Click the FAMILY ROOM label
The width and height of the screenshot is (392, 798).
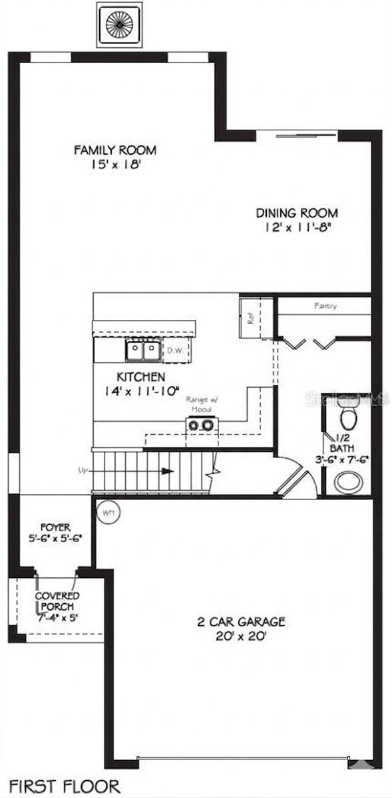click(115, 150)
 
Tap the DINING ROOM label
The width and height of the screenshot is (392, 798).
click(297, 213)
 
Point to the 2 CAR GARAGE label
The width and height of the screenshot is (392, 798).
click(241, 622)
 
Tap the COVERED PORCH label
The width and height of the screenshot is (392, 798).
click(57, 601)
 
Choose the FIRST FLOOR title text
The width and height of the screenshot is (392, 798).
click(65, 785)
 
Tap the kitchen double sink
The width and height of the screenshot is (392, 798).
click(143, 349)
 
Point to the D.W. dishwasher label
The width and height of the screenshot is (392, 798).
click(175, 350)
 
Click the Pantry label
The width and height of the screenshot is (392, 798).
click(325, 307)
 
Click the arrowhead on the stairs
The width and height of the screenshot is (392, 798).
click(168, 471)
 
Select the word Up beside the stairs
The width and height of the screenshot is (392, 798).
click(84, 471)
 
